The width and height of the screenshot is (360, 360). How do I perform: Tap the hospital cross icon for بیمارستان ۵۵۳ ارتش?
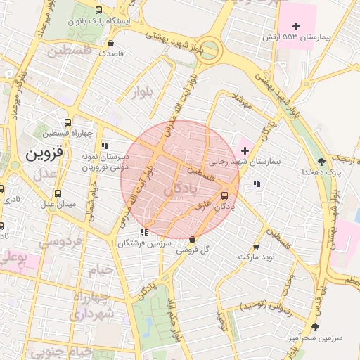click(297, 26)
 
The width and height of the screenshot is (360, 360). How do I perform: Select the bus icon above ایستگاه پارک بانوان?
click(98, 11)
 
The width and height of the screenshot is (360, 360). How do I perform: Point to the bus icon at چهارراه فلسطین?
click(68, 122)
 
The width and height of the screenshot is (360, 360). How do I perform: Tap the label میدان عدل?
click(57, 204)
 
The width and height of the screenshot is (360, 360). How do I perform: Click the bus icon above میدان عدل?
click(58, 193)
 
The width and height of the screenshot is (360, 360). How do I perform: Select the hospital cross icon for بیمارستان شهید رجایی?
click(245, 151)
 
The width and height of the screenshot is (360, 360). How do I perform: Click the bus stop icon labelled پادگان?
click(225, 195)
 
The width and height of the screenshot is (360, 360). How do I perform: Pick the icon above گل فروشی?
click(193, 239)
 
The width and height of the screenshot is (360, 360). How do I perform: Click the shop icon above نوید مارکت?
click(255, 247)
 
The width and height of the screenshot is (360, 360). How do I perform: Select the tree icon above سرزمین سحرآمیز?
click(314, 327)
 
